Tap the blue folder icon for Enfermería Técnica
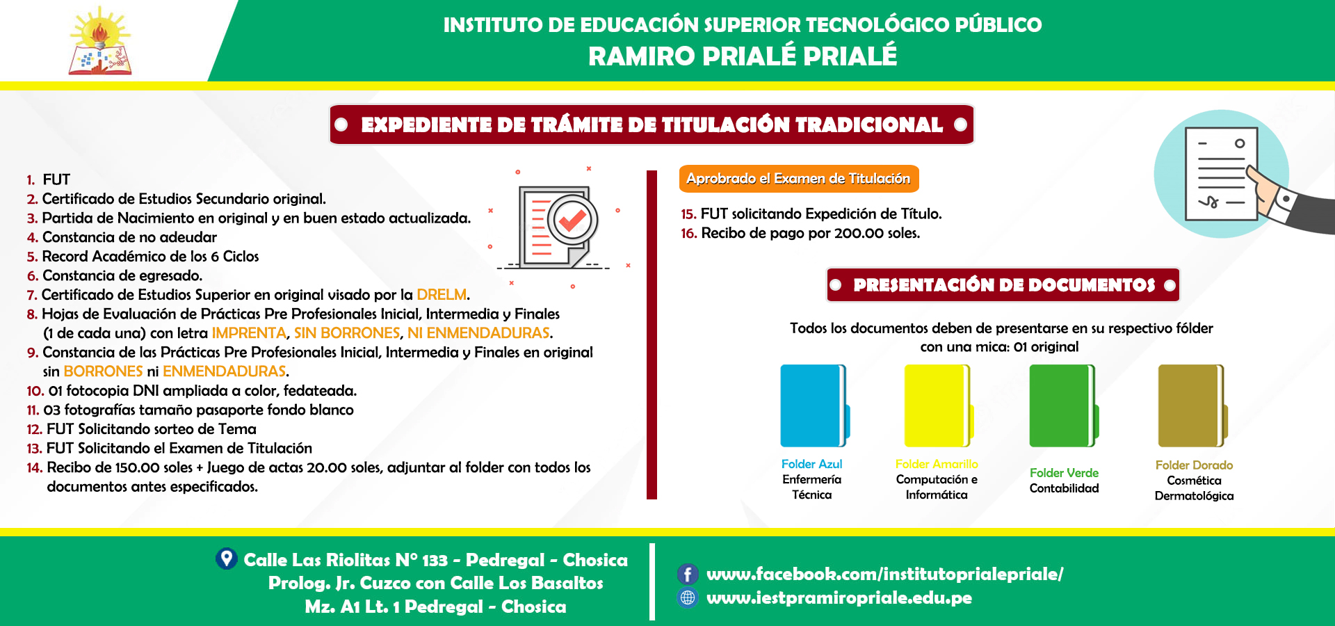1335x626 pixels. coord(814,406)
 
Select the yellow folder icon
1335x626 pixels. coord(937,406)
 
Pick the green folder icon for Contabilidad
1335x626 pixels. coord(1063,406)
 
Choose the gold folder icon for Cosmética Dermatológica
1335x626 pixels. coord(1192,406)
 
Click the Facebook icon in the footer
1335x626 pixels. coord(688,574)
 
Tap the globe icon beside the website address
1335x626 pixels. coord(688,597)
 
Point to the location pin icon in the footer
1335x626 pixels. coord(227,559)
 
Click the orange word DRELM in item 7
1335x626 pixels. coord(442,295)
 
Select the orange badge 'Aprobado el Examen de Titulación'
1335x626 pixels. coord(799,179)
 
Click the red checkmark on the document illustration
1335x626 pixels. coord(572,220)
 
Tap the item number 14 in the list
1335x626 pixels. coord(35,467)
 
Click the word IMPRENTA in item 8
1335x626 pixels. coord(249,333)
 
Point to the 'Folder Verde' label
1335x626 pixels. coord(1064,473)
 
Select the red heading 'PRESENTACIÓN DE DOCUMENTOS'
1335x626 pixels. coord(1003,285)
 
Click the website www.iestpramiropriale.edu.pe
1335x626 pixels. coord(839,597)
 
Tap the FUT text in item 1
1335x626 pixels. coord(56,179)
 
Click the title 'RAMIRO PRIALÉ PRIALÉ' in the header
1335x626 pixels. coord(743,56)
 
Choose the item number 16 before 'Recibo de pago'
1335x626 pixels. coord(689,233)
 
